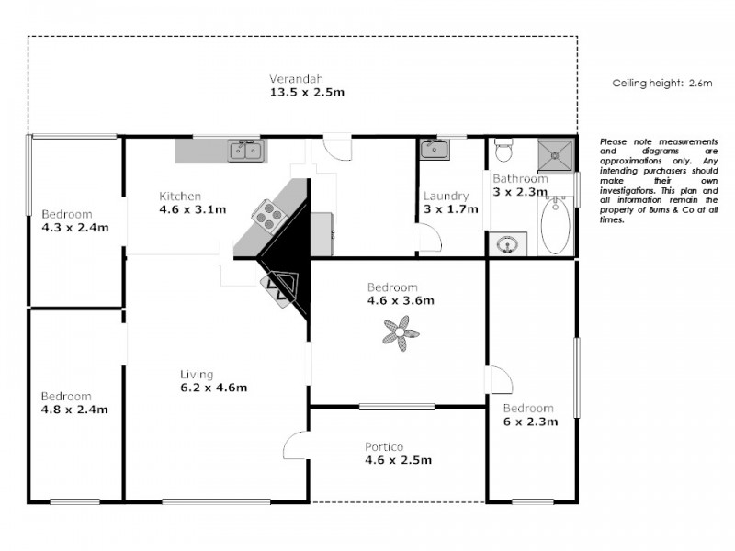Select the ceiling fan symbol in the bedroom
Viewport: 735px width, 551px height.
point(400,332)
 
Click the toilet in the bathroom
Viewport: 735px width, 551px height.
point(503,149)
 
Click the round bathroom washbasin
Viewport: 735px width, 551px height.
point(505,244)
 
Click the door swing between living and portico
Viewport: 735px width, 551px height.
point(296,445)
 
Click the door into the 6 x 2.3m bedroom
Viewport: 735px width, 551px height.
point(497,378)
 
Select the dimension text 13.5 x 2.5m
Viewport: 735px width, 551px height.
point(307,93)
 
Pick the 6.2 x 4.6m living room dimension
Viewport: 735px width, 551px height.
point(213,388)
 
